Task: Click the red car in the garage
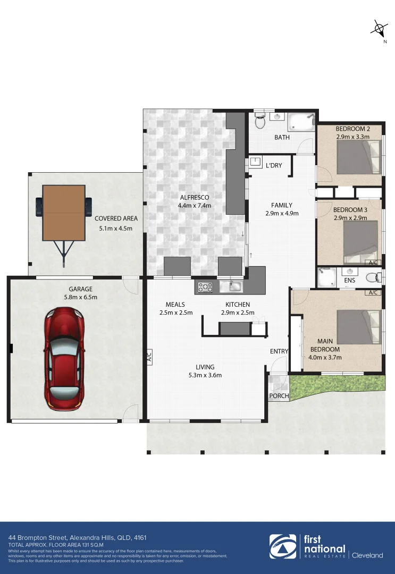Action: [x=64, y=358]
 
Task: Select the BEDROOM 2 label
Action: [x=352, y=129]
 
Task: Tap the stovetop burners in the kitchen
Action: [x=205, y=288]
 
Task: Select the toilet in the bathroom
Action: [x=260, y=122]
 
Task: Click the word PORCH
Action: [x=279, y=396]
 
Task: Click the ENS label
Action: [x=349, y=280]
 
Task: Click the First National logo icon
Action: [x=284, y=547]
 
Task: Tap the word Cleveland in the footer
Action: [x=368, y=555]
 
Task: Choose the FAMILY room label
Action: [x=281, y=205]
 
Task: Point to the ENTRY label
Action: [x=279, y=351]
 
